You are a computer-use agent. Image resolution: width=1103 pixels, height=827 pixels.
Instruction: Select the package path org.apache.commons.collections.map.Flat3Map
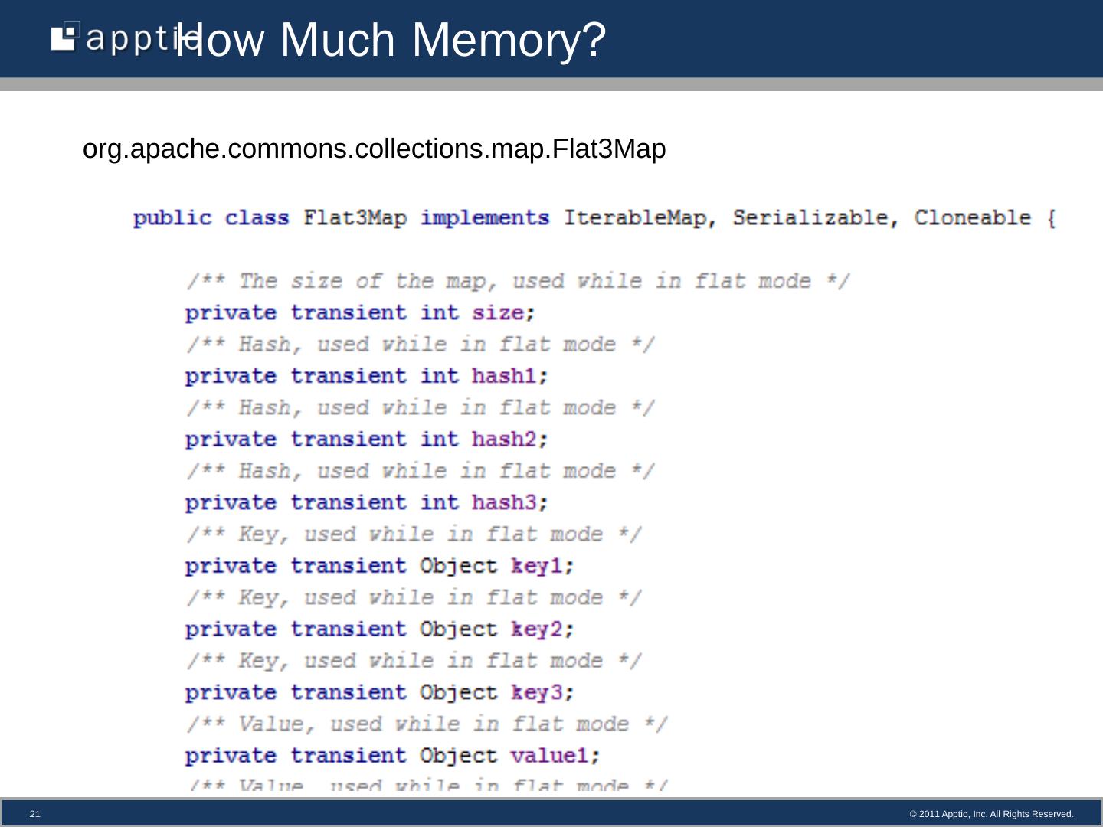pyautogui.click(x=374, y=149)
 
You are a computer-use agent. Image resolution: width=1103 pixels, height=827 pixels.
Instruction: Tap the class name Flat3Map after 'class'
pyautogui.click(x=355, y=218)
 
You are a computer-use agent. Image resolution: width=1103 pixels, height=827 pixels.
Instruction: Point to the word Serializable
pyautogui.click(x=809, y=218)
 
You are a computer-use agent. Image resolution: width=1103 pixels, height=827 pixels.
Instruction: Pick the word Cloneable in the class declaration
pyautogui.click(x=972, y=218)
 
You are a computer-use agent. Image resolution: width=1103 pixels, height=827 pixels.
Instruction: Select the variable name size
pyautogui.click(x=497, y=313)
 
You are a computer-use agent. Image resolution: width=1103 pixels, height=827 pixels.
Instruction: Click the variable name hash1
pyautogui.click(x=503, y=377)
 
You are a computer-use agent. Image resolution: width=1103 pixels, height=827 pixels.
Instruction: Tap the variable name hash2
pyautogui.click(x=503, y=440)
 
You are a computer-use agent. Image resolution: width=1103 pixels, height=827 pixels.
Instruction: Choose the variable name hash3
pyautogui.click(x=503, y=503)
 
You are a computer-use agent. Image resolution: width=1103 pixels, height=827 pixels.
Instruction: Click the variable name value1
pyautogui.click(x=549, y=757)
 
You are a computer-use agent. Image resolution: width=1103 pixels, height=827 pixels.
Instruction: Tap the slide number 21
pyautogui.click(x=34, y=814)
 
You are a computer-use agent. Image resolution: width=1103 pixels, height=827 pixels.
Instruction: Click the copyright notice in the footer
pyautogui.click(x=991, y=814)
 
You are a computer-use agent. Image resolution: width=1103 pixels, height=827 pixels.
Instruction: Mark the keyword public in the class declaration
pyautogui.click(x=172, y=218)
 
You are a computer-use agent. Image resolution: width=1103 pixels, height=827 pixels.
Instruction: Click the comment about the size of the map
pyautogui.click(x=518, y=281)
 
